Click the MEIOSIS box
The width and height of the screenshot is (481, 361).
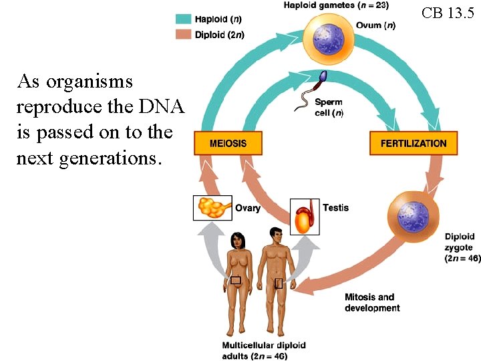tap(228, 143)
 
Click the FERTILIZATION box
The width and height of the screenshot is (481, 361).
tap(413, 143)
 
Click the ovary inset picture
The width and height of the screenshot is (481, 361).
tap(212, 207)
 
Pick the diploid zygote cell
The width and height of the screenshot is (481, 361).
tap(412, 216)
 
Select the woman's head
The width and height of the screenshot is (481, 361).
tap(237, 239)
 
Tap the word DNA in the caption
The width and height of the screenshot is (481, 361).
tap(161, 106)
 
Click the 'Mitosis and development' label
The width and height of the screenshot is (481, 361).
tap(372, 302)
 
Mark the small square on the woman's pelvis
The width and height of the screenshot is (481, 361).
tap(236, 280)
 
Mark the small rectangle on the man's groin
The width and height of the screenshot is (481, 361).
tap(279, 283)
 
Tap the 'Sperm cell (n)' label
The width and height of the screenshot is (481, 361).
tap(329, 108)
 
